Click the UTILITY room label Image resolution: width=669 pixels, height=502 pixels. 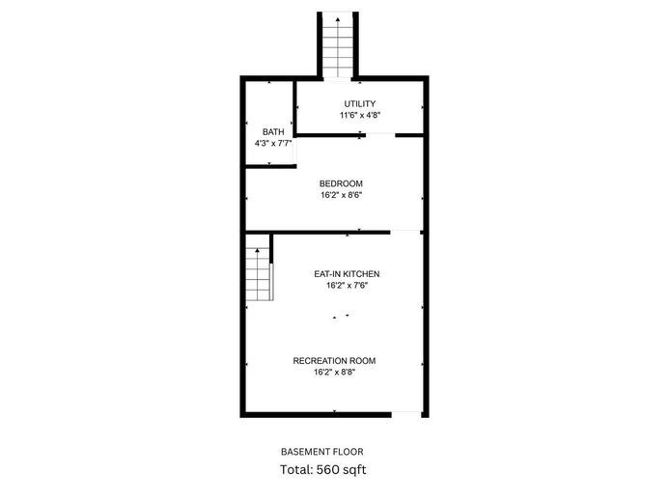click(x=360, y=103)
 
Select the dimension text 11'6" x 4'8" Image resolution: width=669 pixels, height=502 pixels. click(x=360, y=115)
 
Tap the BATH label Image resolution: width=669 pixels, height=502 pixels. click(x=273, y=132)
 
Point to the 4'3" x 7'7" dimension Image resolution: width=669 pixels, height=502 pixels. click(x=273, y=144)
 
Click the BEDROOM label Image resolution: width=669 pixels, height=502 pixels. click(x=341, y=183)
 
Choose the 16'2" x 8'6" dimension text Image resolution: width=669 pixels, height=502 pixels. click(x=342, y=195)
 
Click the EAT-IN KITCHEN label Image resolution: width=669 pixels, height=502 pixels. click(x=347, y=274)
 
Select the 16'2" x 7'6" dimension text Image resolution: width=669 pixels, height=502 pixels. click(x=347, y=286)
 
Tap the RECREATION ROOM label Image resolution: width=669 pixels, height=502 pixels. click(x=334, y=361)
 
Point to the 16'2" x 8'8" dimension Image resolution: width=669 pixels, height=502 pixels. click(x=334, y=373)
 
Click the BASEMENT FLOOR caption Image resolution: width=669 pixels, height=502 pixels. click(x=322, y=452)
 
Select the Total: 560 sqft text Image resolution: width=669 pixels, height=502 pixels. click(x=323, y=469)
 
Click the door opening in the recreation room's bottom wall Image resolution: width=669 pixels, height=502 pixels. click(x=406, y=414)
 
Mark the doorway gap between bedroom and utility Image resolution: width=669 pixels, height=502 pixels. click(x=380, y=135)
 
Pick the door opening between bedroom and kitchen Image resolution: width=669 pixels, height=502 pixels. click(x=405, y=233)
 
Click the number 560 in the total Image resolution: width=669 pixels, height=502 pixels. click(x=329, y=469)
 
